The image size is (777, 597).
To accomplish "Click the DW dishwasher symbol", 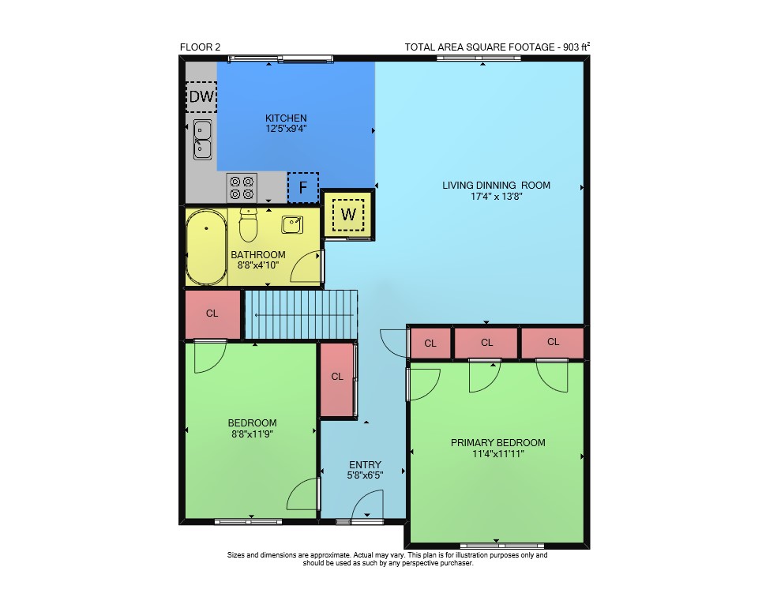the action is tap(201, 96).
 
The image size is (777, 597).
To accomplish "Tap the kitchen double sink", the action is tap(202, 140).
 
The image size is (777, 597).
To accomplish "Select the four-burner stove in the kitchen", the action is tap(242, 188).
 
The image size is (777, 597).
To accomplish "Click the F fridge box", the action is tap(302, 187).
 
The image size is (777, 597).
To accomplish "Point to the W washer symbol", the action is tap(348, 215).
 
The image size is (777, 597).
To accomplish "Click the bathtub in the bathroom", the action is tap(206, 247).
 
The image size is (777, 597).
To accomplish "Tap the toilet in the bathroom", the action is tap(248, 224).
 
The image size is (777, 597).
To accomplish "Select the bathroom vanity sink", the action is tap(292, 224).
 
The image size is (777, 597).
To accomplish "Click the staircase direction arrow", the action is tap(303, 315).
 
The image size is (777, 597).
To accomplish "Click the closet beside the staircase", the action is tap(212, 314).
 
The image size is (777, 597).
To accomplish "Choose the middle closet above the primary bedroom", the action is tap(486, 343).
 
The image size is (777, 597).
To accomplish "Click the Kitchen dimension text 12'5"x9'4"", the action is tap(286, 129).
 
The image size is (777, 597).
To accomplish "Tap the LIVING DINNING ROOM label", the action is tap(496, 186).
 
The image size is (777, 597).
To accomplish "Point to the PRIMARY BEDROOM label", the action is tap(498, 442).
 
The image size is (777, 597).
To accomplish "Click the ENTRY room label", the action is tap(366, 464).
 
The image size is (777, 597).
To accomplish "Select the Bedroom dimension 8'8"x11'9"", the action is tap(252, 434).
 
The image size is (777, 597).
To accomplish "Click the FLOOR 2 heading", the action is tap(201, 47).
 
